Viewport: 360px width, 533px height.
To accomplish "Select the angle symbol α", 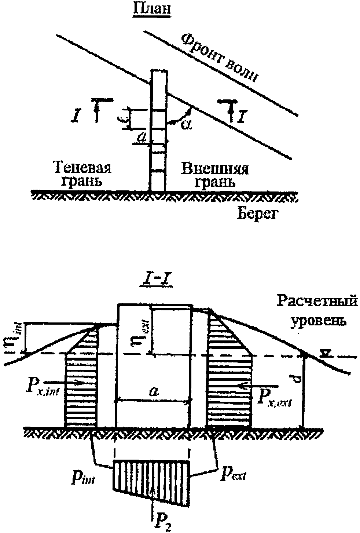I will click(x=186, y=124).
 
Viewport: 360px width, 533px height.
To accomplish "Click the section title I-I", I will click(x=154, y=284).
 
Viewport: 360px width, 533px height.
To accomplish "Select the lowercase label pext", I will click(x=233, y=475).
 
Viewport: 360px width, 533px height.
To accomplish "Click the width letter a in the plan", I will click(x=143, y=138).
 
